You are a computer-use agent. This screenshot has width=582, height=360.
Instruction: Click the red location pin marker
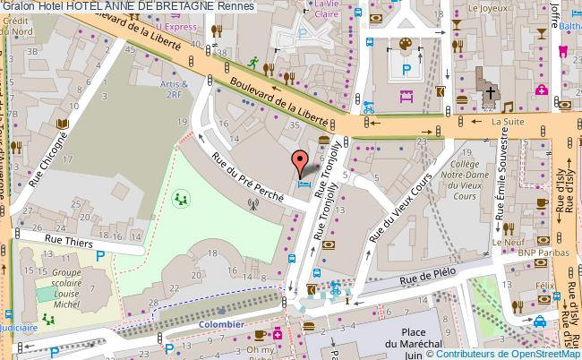coord(298,162)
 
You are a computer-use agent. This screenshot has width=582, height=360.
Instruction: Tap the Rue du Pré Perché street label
coord(247,176)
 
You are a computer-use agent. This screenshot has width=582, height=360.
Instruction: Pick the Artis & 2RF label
coord(173,89)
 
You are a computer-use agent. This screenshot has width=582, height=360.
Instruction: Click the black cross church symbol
coord(491,91)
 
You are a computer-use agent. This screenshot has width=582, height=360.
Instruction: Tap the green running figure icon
coord(253,62)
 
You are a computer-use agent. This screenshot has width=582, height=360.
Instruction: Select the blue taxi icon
coord(541,321)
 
